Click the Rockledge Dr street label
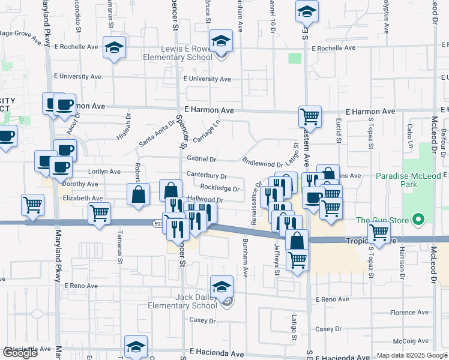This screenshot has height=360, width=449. [x=220, y=188]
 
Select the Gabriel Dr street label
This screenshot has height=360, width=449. [x=201, y=159]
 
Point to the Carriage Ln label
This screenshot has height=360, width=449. [x=208, y=131]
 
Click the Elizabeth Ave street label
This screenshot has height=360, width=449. [x=83, y=198]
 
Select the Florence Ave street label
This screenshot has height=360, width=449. [x=409, y=313]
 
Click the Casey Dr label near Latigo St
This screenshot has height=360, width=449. [x=328, y=329]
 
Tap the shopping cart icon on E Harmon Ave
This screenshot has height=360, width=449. [x=310, y=116]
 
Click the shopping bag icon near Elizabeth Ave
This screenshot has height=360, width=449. [x=138, y=194]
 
